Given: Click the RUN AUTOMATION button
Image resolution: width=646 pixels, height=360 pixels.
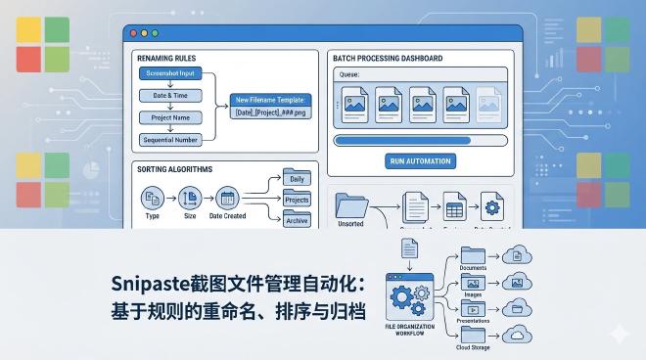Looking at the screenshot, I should (420, 161).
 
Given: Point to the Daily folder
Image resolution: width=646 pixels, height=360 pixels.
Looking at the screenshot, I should (296, 179).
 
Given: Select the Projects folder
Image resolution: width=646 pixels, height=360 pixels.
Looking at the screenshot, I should (296, 200).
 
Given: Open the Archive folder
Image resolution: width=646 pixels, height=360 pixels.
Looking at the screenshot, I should (296, 220).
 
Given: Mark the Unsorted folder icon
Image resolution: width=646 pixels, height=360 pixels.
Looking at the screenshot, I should (350, 206).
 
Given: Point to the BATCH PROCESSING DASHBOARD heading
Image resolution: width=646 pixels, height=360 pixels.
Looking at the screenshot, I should (387, 58).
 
